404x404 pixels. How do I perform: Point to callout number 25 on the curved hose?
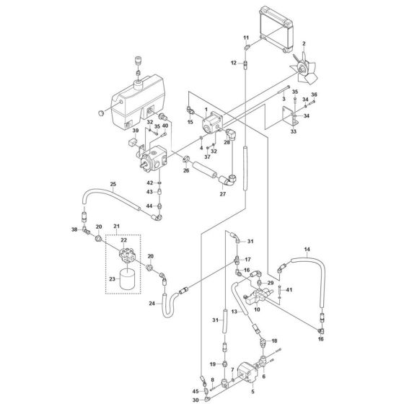[x=113, y=185]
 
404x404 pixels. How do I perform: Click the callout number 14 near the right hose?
[x=307, y=250]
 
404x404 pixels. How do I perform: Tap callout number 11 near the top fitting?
[x=245, y=37]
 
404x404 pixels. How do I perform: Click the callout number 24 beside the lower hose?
[x=152, y=304]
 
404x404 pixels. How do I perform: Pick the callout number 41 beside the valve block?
[x=289, y=289]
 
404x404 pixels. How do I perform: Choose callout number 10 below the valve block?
[x=255, y=309]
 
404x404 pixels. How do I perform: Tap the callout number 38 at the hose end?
[x=74, y=229]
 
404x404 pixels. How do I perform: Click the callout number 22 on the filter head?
[x=123, y=240]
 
